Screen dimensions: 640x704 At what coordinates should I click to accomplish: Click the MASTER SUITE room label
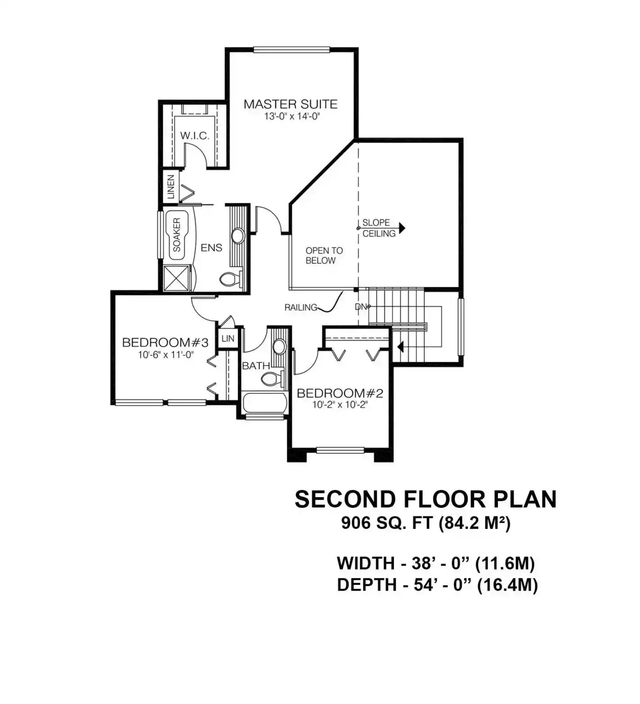(x=291, y=104)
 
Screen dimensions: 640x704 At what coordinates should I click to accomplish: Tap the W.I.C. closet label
(x=195, y=135)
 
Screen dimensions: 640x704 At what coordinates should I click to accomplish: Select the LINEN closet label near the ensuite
(x=171, y=187)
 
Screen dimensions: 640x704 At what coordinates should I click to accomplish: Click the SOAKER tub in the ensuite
(x=178, y=234)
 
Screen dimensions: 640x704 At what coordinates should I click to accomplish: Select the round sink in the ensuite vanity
(x=237, y=235)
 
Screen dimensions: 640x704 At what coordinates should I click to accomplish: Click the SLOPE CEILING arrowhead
(x=401, y=228)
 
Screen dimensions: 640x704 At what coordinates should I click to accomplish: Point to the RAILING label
(x=301, y=308)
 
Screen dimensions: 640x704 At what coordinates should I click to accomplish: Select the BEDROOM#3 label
(x=165, y=342)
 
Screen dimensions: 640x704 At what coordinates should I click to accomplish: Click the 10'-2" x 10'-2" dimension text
(x=340, y=405)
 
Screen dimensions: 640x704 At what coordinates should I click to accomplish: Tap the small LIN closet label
(x=228, y=338)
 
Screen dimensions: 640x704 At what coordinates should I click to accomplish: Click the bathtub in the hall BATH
(x=265, y=403)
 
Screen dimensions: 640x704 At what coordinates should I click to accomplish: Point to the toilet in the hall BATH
(x=273, y=378)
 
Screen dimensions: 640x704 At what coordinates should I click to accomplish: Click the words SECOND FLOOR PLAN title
(x=425, y=499)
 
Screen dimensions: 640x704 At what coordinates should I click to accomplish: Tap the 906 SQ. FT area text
(x=387, y=524)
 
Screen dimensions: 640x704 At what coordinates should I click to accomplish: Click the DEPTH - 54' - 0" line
(x=437, y=585)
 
